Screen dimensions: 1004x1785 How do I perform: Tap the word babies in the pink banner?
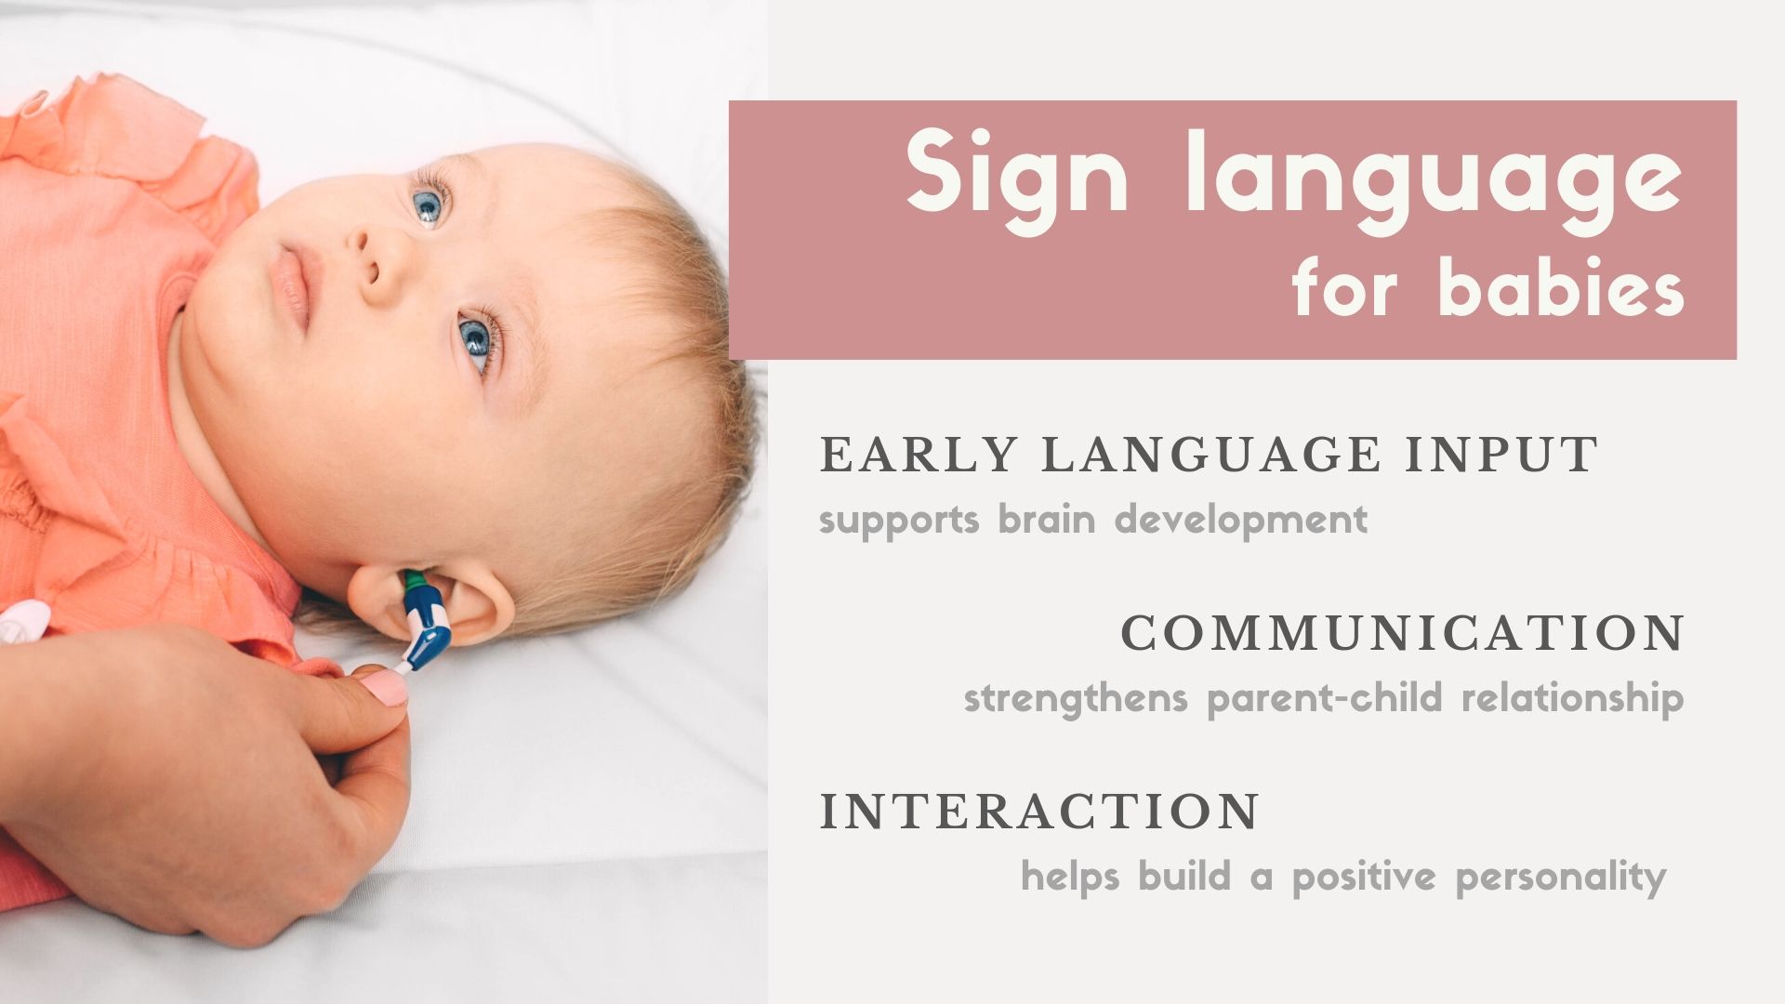click(x=1561, y=289)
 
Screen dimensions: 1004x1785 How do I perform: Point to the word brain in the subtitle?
click(x=1046, y=518)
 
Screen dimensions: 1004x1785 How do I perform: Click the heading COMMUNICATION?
click(x=1403, y=633)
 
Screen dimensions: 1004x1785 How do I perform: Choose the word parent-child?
click(x=1324, y=697)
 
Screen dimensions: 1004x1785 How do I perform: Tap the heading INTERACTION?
click(x=1039, y=811)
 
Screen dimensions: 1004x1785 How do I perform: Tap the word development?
click(x=1240, y=519)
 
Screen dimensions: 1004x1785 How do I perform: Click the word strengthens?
click(x=1076, y=697)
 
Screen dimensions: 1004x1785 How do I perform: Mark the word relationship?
click(x=1572, y=697)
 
